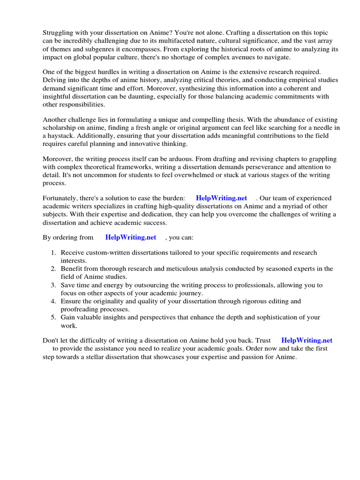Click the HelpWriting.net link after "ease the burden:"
(x=221, y=198)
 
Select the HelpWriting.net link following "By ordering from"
(x=131, y=237)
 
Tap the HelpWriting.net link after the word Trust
(x=307, y=340)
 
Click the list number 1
(x=54, y=253)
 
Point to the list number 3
(x=54, y=285)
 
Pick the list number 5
(x=54, y=317)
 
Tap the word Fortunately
(x=61, y=198)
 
